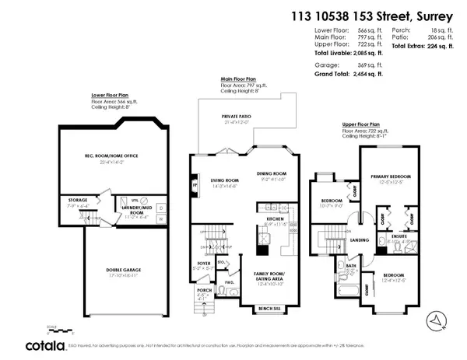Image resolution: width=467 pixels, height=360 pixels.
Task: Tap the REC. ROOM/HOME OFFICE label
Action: [111, 156]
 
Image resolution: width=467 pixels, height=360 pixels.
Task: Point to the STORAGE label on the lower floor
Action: [78, 200]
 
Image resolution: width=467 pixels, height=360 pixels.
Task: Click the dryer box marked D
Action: [161, 207]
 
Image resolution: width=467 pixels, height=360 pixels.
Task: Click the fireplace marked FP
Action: [195, 186]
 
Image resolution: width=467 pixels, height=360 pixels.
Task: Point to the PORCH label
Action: [204, 290]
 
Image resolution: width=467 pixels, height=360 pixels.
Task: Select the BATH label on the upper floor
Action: [352, 267]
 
